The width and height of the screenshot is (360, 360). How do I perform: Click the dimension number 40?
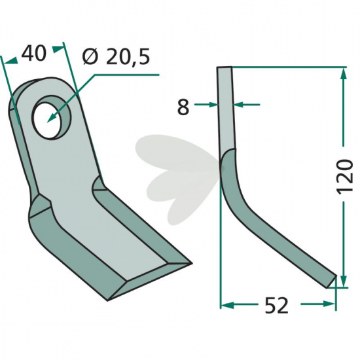(34, 54)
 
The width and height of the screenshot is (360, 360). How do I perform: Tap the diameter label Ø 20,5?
(116, 56)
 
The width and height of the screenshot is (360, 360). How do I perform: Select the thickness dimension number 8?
(183, 107)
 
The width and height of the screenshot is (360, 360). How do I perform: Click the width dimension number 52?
(276, 306)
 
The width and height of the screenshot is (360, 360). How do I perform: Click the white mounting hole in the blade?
(46, 120)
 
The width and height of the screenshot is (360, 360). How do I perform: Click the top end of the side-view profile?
(225, 67)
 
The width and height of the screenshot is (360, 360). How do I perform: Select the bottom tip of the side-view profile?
(331, 282)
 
